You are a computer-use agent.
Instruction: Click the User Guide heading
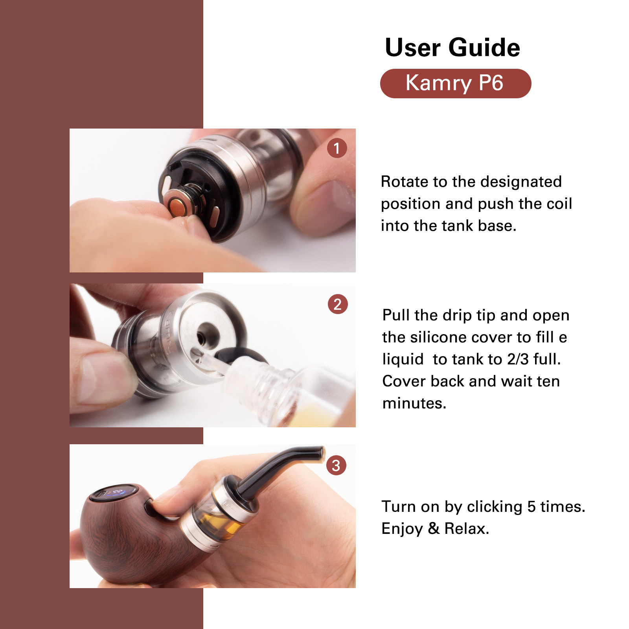pos(452,48)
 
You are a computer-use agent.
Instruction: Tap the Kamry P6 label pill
pos(456,83)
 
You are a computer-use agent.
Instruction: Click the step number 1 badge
pos(337,148)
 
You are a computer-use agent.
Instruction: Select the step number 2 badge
pos(338,304)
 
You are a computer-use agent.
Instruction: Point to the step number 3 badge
pos(336,465)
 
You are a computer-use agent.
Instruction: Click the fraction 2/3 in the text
pos(518,359)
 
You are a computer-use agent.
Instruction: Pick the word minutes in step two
pos(414,403)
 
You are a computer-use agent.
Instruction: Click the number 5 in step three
pos(532,507)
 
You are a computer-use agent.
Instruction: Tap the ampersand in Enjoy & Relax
pos(434,528)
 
